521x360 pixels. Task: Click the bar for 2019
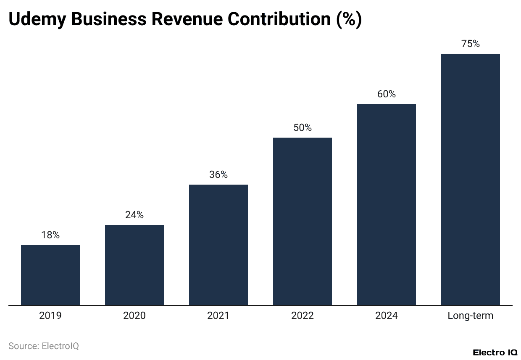point(50,275)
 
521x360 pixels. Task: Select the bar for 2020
point(134,265)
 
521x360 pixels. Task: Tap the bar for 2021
point(218,245)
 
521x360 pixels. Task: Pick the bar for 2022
point(303,221)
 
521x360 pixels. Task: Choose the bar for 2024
point(387,204)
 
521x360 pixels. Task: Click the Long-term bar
point(471,179)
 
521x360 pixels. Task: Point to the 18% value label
point(50,235)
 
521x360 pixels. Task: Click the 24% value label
point(134,215)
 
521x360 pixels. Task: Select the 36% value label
point(218,175)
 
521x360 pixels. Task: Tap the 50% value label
point(303,128)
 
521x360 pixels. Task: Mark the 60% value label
point(387,94)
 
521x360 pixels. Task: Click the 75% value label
point(471,44)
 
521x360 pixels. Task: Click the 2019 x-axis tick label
point(50,316)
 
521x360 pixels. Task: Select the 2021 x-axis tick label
point(218,316)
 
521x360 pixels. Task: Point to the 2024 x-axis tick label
point(387,316)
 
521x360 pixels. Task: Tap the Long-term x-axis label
point(471,316)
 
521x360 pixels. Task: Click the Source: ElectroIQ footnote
point(44,346)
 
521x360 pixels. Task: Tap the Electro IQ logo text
point(495,352)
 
